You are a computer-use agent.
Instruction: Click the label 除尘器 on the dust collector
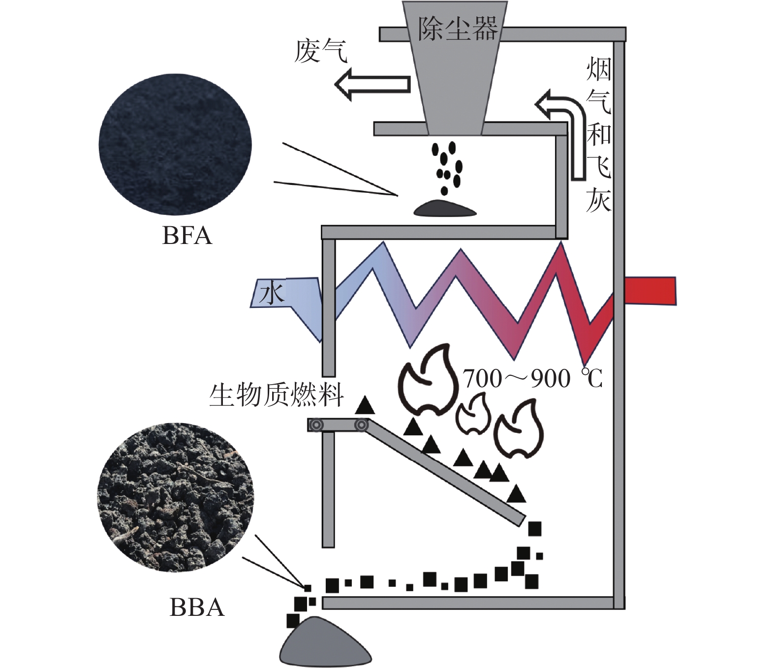point(458,29)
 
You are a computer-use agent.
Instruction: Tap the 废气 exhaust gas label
point(320,51)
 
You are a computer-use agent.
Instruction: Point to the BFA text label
point(186,236)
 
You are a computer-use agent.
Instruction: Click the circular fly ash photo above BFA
point(175,145)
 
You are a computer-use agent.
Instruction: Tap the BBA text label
point(197,607)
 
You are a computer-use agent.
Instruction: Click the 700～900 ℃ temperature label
point(533,379)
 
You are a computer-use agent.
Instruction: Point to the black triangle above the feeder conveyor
point(365,405)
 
